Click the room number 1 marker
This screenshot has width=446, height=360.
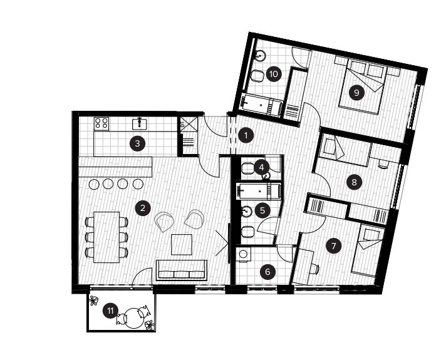(246, 136)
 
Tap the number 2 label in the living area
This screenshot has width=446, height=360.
(142, 208)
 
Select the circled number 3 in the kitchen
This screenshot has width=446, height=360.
(137, 143)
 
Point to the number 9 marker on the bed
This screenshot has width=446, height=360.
(356, 93)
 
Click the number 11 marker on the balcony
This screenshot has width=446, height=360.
(110, 311)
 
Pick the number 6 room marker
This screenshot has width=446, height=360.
(267, 272)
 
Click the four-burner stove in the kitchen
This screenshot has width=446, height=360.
(101, 124)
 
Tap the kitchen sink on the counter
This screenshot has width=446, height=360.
(139, 123)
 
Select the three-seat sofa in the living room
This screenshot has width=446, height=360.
(182, 270)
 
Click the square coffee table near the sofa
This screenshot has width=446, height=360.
(182, 245)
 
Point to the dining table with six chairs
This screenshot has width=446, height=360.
(106, 237)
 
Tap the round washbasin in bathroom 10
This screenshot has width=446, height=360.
(260, 55)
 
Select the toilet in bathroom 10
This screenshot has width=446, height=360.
(257, 76)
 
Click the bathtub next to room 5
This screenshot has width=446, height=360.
(259, 190)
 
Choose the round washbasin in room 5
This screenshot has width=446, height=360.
(246, 211)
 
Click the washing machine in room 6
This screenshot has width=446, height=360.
(244, 254)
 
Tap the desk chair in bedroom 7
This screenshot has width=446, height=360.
(314, 269)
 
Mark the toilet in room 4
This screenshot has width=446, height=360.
(248, 168)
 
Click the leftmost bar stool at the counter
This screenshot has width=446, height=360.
(94, 184)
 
